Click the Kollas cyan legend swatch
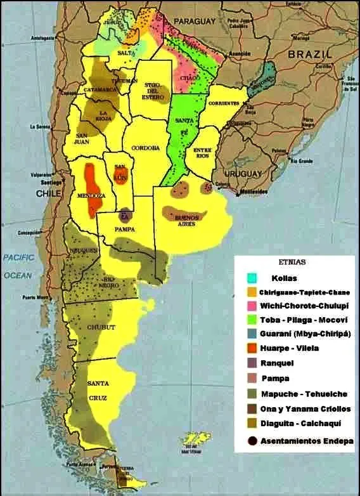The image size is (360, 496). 253,277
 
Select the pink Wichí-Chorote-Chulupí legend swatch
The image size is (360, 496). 253,306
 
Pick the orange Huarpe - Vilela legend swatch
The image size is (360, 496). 253,348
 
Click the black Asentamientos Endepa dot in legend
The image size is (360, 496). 253,440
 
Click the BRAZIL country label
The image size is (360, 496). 309,55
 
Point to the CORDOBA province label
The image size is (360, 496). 145,148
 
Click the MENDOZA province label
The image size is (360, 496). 91,196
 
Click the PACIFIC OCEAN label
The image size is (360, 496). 19,266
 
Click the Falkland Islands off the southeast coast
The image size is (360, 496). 195,438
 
